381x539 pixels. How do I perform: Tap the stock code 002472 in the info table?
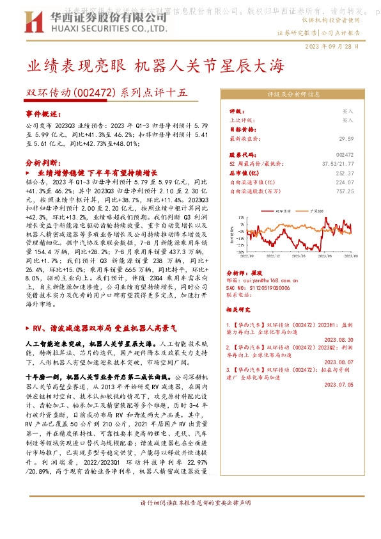point(344,155)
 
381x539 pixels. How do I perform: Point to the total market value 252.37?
point(344,173)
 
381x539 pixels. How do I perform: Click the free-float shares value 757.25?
point(344,191)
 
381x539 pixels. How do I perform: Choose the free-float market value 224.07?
point(344,182)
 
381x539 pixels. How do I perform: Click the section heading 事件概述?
point(41,113)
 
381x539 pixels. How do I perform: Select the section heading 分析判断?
point(41,163)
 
